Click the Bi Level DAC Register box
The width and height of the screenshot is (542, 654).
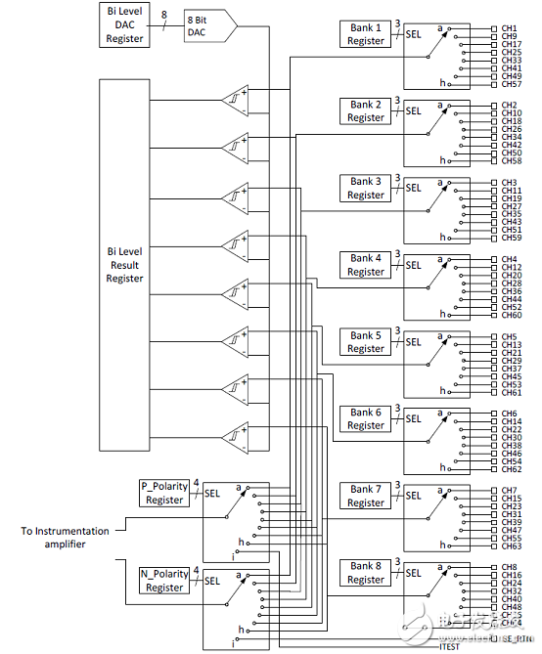[x=126, y=25]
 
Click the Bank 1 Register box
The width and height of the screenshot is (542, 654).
[x=366, y=34]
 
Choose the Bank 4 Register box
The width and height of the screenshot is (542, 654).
[x=366, y=265]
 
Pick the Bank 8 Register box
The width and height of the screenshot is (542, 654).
[x=366, y=573]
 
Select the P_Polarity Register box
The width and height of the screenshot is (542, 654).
[x=164, y=493]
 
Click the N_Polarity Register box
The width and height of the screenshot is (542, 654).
[x=164, y=581]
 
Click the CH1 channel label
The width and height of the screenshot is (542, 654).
[x=509, y=28]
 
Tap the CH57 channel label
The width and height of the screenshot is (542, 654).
[x=511, y=84]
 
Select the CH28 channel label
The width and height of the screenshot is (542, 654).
[x=511, y=283]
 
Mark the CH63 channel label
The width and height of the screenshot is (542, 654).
[x=511, y=545]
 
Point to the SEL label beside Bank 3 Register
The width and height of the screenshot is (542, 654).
[x=414, y=189]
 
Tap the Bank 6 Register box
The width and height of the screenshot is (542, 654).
[x=366, y=419]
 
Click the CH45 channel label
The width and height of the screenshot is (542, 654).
[x=511, y=376]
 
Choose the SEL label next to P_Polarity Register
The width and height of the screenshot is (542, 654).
[x=212, y=494]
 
